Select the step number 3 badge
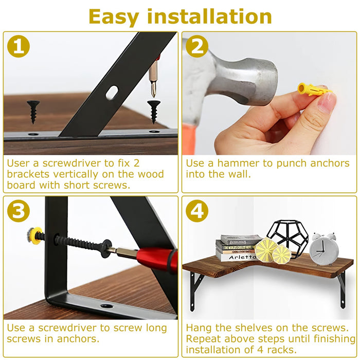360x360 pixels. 19,211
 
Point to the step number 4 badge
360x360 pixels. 197,211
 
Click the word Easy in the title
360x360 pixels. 114,16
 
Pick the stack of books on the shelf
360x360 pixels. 239,248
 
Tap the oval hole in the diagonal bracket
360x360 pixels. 112,93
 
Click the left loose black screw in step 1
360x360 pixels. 33,110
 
